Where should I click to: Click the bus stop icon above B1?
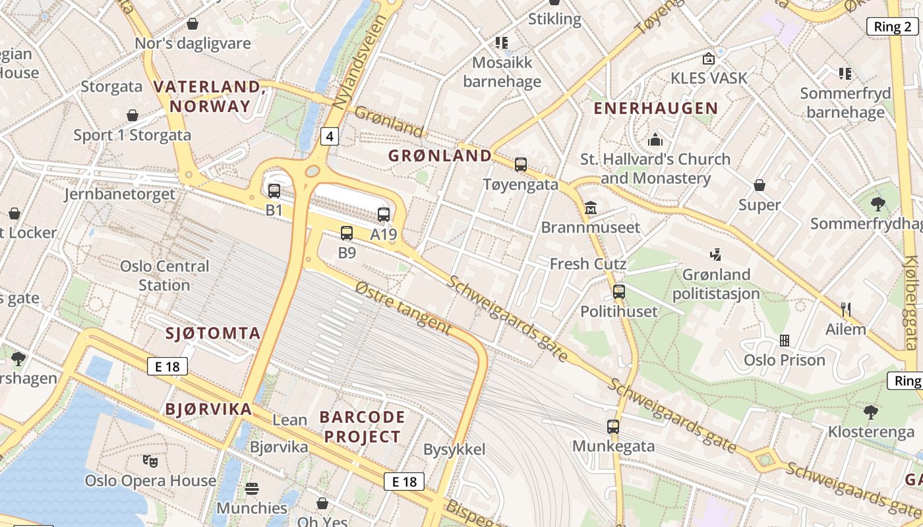(x=274, y=191)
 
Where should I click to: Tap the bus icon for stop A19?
(x=384, y=214)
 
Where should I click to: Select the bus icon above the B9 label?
(x=347, y=233)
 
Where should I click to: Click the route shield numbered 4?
(x=330, y=136)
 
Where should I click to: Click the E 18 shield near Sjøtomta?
(x=167, y=366)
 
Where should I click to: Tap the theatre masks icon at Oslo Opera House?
(x=150, y=461)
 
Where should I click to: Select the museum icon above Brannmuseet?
(x=590, y=208)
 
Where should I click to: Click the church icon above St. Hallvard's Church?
(x=655, y=140)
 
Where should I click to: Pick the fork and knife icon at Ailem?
(x=846, y=310)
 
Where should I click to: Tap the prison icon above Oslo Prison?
(x=785, y=341)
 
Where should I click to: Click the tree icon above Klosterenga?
(x=870, y=412)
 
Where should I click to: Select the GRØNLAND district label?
(x=440, y=156)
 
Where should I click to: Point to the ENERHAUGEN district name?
(x=656, y=109)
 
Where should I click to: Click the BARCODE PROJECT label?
(x=362, y=426)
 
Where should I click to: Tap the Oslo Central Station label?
(x=164, y=275)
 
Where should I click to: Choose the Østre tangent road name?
(x=403, y=308)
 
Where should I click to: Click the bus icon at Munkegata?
(x=613, y=427)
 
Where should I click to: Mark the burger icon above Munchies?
(x=252, y=489)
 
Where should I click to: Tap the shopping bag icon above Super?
(x=759, y=185)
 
